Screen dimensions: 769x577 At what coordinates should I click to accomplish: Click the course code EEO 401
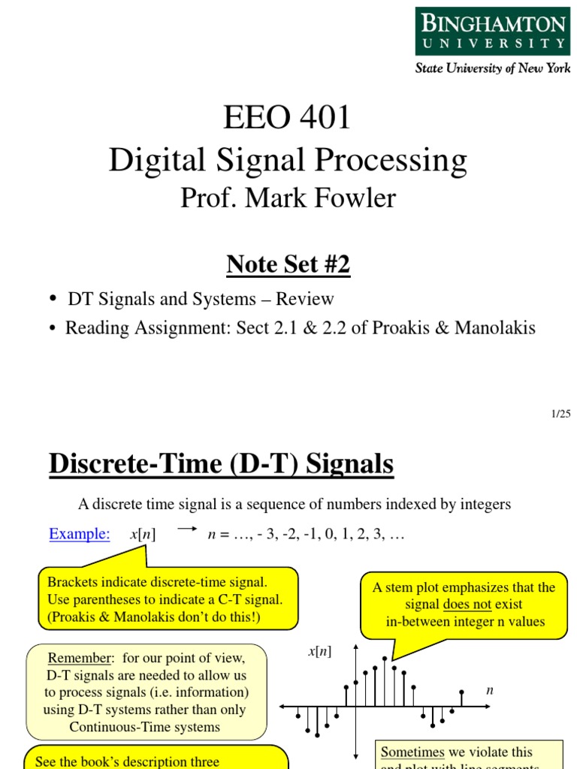click(288, 117)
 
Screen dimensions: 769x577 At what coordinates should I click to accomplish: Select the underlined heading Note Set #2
click(288, 264)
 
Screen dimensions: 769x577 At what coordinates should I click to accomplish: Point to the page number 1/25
click(560, 414)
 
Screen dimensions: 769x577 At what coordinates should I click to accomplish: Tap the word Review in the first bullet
click(304, 299)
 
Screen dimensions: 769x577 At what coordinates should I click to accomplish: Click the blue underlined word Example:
click(80, 534)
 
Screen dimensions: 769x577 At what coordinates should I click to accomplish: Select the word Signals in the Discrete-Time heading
click(350, 464)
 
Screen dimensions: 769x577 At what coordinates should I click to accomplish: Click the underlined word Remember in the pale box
click(79, 659)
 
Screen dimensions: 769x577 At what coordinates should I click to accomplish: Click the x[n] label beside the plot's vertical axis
click(319, 652)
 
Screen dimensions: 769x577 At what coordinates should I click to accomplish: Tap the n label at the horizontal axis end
click(490, 689)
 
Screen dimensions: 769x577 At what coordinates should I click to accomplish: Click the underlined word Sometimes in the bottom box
click(412, 752)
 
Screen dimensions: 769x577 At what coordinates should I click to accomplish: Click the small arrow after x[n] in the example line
click(186, 529)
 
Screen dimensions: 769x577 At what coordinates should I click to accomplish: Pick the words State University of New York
click(493, 68)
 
